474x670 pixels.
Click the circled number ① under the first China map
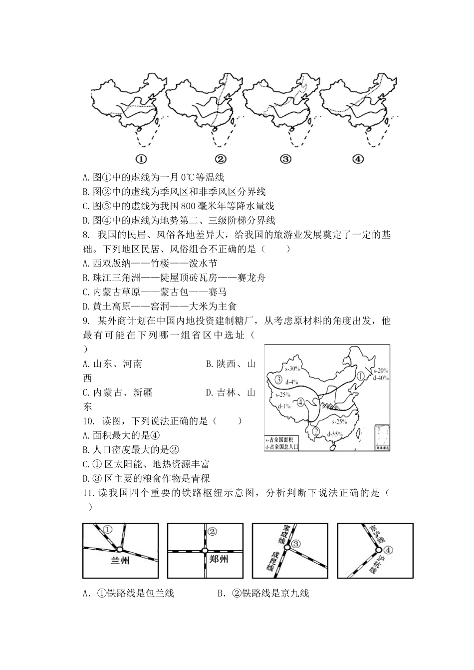141,159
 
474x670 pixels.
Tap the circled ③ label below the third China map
285,159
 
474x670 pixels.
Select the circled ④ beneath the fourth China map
358,159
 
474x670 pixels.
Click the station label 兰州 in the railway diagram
120,561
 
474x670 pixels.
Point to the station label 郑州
218,559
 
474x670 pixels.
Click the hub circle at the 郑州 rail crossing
205,551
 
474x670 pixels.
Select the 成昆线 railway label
273,562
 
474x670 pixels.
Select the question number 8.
86,235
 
